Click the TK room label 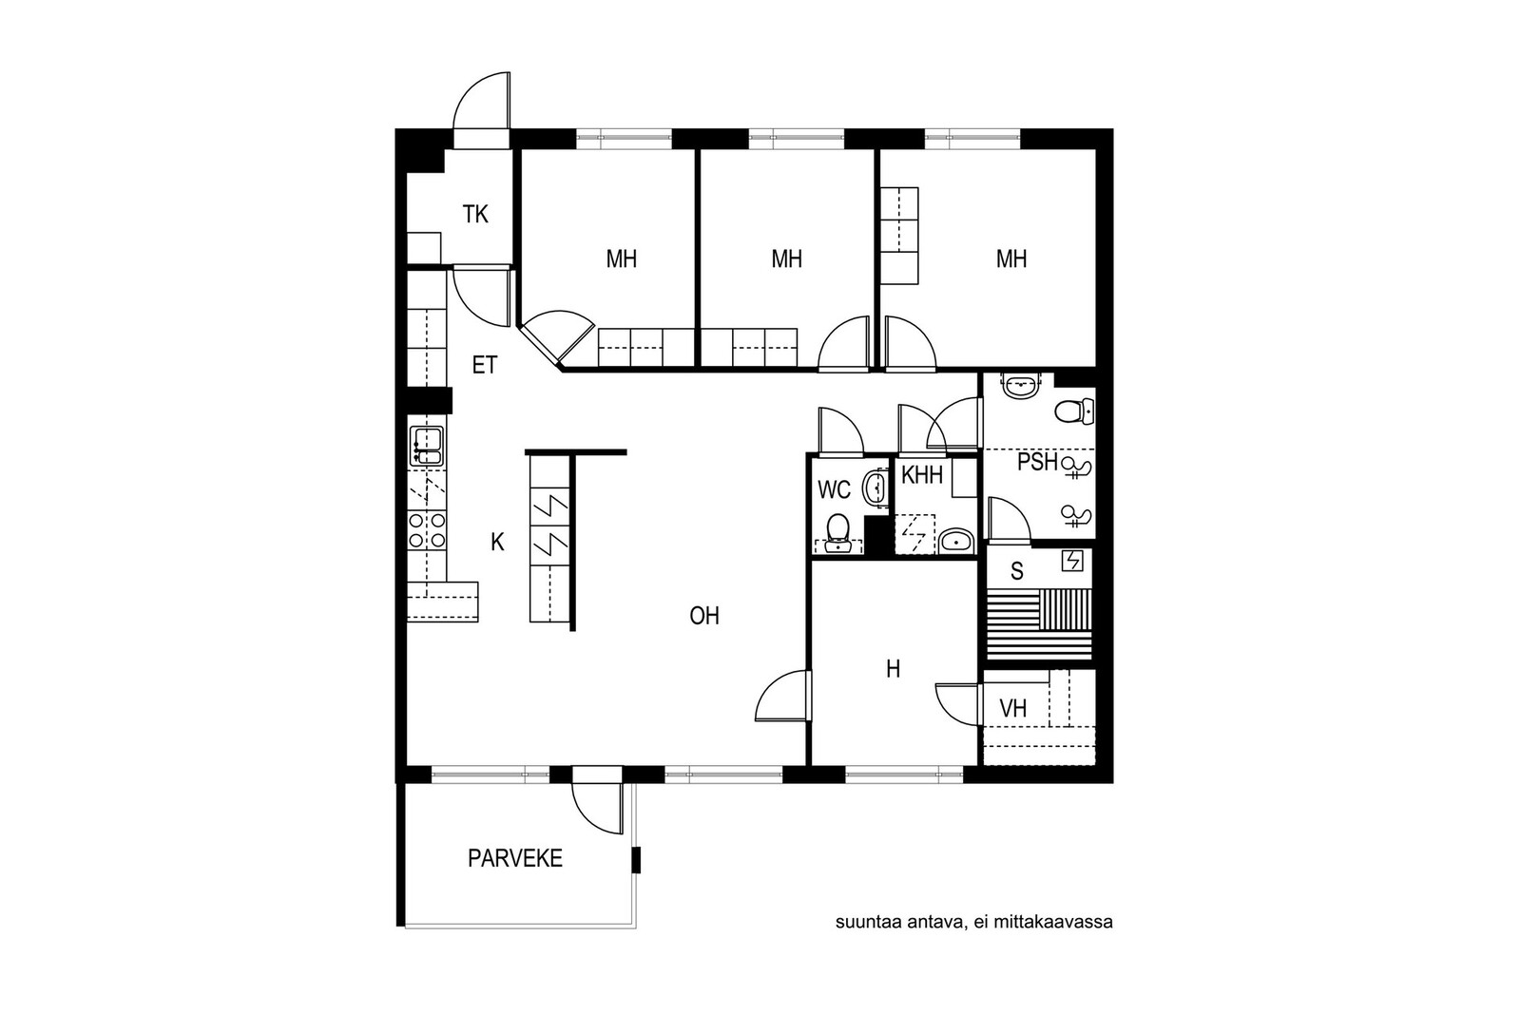pos(475,215)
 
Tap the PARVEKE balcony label pos(515,858)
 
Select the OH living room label pos(704,616)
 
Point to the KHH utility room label pos(922,475)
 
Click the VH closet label pos(1013,709)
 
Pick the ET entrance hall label pos(485,365)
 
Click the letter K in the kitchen pos(498,542)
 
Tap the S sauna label pos(1016,571)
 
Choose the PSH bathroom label pos(1037,462)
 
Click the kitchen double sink pos(427,446)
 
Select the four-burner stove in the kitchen pos(427,530)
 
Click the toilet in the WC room pos(838,533)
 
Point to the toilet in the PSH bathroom pos(1074,411)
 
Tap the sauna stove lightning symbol pos(1072,562)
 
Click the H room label pos(893,669)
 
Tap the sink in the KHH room pos(957,542)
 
